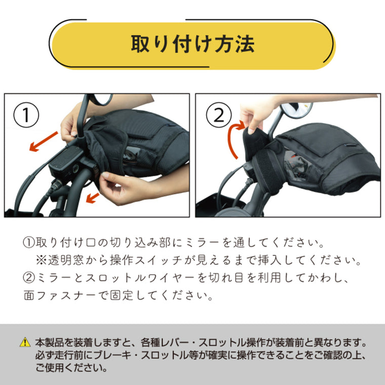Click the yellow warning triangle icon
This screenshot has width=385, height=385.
coord(25,343)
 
